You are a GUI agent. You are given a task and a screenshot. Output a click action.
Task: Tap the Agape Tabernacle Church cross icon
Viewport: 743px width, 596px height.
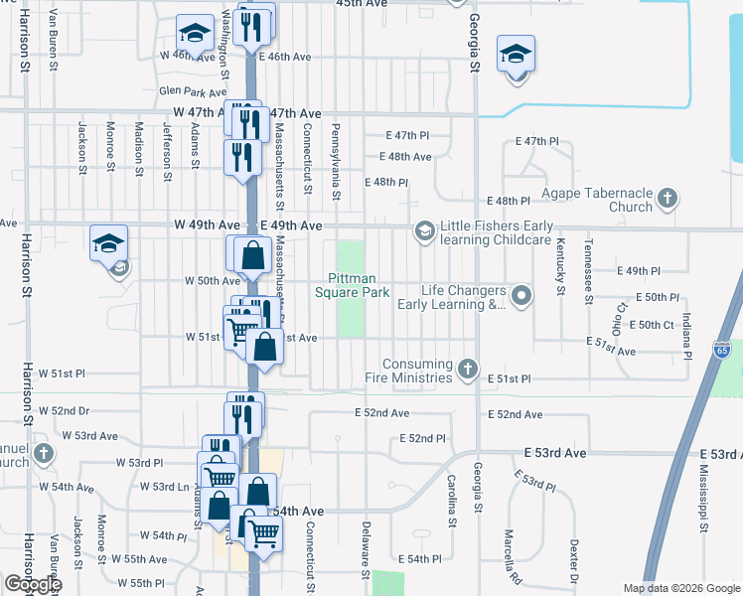tap(667, 200)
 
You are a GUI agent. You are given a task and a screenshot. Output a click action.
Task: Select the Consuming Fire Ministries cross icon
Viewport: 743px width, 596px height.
tap(468, 372)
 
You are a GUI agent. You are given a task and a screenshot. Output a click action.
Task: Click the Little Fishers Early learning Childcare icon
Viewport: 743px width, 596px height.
tap(424, 232)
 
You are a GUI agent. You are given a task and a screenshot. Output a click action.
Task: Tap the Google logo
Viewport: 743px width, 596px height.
tap(32, 584)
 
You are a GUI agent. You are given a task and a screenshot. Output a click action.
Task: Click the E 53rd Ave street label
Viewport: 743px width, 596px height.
tap(563, 452)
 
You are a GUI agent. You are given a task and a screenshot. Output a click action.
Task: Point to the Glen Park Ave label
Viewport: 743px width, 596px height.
tap(186, 91)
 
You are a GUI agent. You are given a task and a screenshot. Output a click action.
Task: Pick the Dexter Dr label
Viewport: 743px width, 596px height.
tap(574, 561)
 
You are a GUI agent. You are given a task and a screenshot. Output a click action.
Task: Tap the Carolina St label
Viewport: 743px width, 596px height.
tap(451, 500)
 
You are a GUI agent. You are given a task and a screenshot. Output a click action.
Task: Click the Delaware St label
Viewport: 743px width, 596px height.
tap(366, 543)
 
